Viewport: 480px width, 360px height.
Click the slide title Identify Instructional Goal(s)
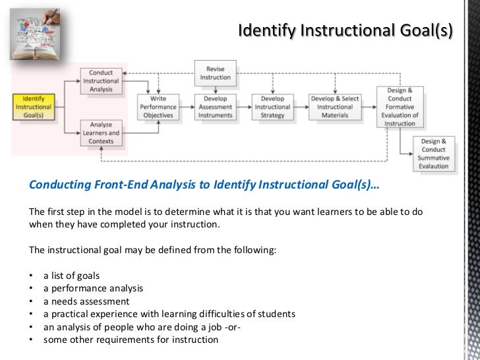345,31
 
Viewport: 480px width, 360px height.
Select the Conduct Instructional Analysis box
100,81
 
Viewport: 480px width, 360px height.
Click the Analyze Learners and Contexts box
100,132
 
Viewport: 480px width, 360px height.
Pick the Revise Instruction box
215,73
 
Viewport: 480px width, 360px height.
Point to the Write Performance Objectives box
158,107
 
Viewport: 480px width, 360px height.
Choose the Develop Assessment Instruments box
215,107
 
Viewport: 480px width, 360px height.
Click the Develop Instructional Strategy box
272,107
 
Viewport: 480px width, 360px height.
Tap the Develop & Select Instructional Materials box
334,107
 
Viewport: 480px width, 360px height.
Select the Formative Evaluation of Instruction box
400,107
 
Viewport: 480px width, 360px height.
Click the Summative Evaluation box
434,154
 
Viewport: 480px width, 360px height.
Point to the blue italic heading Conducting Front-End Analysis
204,185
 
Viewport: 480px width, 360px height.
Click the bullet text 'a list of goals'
72,275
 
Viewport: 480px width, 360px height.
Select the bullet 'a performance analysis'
93,288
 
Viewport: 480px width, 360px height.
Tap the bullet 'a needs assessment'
86,301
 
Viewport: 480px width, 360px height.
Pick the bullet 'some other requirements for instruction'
131,340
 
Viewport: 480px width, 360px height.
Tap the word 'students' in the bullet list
276,314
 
